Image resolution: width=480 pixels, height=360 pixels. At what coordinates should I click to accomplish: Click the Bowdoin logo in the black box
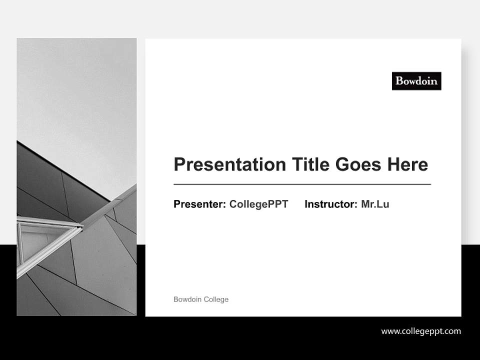416,80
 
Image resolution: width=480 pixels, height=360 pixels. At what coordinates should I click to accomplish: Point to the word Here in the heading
407,164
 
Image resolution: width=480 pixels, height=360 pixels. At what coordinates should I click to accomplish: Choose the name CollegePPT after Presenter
258,204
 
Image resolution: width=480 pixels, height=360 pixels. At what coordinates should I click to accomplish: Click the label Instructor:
331,204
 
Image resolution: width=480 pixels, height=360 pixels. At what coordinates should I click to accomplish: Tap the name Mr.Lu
375,204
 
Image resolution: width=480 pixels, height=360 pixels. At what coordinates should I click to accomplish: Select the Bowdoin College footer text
201,299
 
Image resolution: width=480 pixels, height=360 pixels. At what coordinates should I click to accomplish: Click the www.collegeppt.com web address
421,331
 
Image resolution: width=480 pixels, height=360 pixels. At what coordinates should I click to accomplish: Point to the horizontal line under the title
302,184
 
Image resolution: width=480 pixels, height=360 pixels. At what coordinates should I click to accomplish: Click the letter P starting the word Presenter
177,204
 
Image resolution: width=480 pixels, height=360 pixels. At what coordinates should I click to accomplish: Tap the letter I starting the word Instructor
306,204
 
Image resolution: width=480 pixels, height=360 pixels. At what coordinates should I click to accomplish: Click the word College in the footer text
216,299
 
